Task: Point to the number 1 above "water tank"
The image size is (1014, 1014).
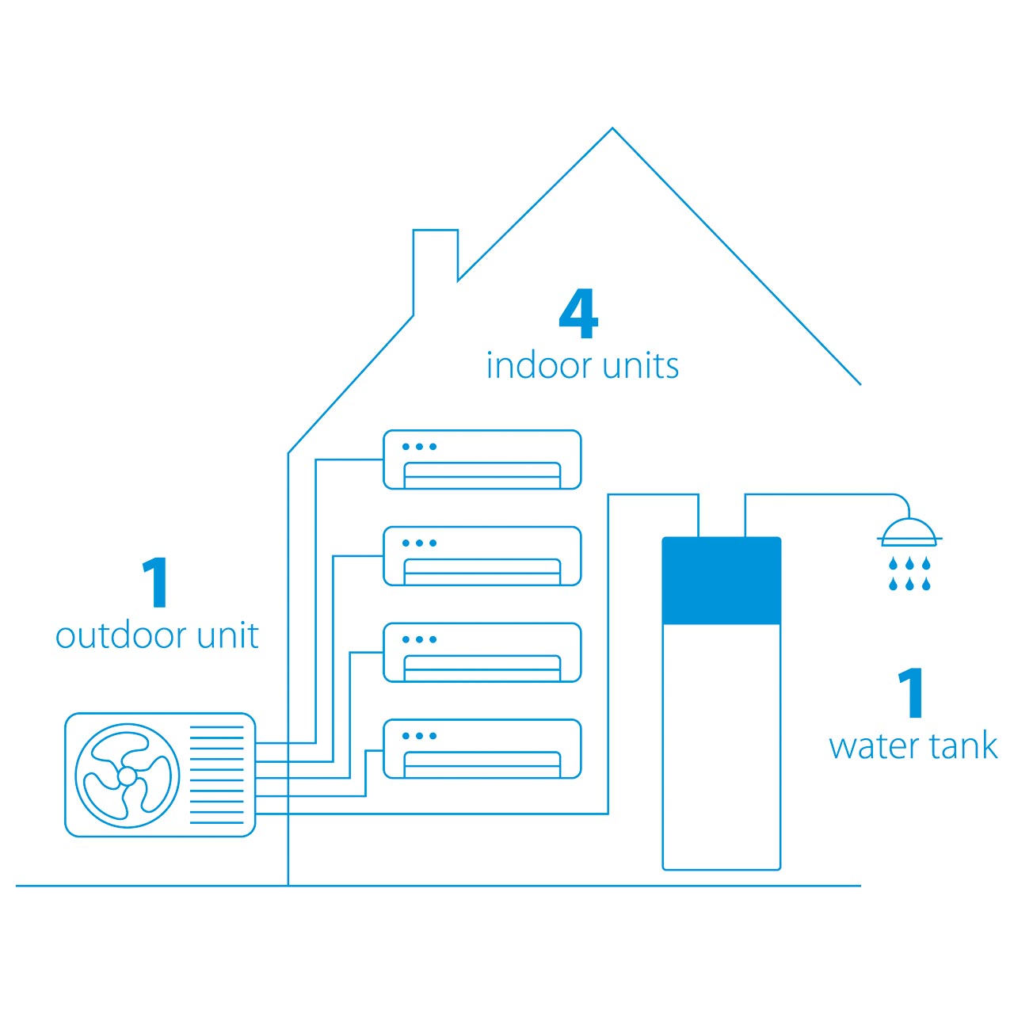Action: [x=909, y=692]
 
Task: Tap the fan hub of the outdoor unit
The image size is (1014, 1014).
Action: [x=127, y=776]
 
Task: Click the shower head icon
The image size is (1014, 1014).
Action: [x=909, y=532]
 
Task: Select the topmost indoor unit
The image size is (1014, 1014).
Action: [x=482, y=459]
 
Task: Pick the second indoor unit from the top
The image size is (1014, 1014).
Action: [x=482, y=555]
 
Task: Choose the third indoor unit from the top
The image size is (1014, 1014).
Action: [x=482, y=653]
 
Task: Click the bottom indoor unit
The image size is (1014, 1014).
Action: [x=482, y=749]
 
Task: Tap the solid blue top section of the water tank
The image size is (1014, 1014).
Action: [x=722, y=581]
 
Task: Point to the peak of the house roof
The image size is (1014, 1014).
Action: [x=612, y=128]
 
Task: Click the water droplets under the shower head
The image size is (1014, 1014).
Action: [x=909, y=574]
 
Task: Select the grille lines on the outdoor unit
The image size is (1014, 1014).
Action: [x=216, y=775]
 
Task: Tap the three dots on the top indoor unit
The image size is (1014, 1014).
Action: [x=419, y=447]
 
